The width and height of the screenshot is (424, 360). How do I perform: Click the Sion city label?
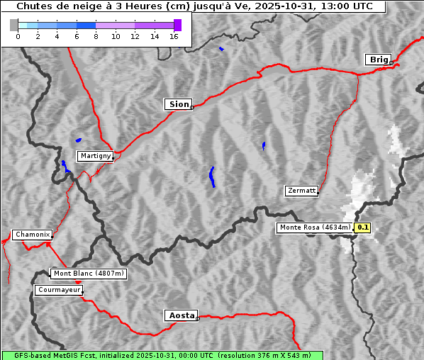178,104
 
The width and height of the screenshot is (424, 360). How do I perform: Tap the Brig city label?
378,60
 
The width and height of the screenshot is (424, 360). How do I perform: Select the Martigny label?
95,156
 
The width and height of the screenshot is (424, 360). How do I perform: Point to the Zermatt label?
301,191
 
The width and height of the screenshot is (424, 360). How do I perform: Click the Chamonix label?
32,235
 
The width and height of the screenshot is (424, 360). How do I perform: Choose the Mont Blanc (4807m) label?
89,274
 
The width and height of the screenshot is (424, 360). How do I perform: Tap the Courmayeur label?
59,290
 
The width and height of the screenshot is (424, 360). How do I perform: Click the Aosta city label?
181,315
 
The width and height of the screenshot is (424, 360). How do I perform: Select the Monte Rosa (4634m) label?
315,227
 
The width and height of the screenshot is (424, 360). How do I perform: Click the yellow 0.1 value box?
362,227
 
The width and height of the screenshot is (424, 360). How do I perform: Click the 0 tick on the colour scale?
18,36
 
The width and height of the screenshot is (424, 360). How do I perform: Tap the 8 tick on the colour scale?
96,36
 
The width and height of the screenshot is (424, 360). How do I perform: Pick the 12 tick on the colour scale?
135,36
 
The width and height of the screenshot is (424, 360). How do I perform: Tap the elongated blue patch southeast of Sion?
212,177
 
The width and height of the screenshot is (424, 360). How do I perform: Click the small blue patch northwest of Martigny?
78,140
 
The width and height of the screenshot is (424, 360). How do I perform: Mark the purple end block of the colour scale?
177,25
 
